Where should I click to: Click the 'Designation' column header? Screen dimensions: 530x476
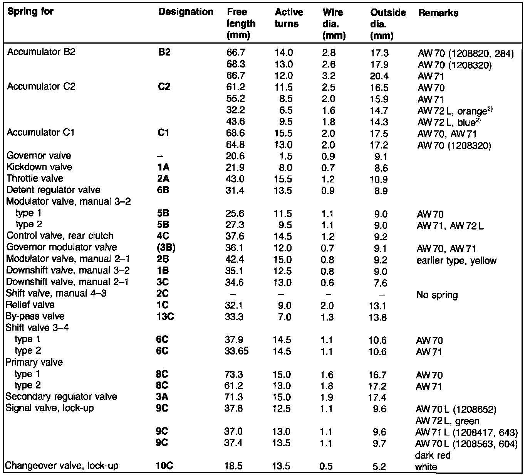point(186,12)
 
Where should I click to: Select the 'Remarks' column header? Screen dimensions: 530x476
point(438,13)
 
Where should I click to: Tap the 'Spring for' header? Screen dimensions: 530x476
point(30,12)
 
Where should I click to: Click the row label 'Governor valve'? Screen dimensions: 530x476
point(39,155)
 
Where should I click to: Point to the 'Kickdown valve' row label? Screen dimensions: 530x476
point(39,167)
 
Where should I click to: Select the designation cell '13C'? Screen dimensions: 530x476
point(165,316)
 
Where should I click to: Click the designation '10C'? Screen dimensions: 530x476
point(164,466)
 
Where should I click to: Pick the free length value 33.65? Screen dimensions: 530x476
point(236,351)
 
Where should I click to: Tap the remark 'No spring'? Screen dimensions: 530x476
point(437,295)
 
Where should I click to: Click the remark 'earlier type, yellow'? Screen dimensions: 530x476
point(456,261)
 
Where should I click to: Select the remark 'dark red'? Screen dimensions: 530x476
point(433,455)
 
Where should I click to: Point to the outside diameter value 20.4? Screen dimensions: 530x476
point(379,76)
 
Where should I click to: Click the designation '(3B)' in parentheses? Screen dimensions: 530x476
point(166,248)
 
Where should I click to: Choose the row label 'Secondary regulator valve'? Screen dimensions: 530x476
point(61,397)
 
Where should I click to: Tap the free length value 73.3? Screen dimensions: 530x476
point(233,375)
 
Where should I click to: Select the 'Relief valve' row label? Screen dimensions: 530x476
point(30,305)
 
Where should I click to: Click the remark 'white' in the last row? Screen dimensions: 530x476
point(426,467)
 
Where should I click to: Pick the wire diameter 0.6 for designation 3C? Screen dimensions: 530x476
point(327,283)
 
